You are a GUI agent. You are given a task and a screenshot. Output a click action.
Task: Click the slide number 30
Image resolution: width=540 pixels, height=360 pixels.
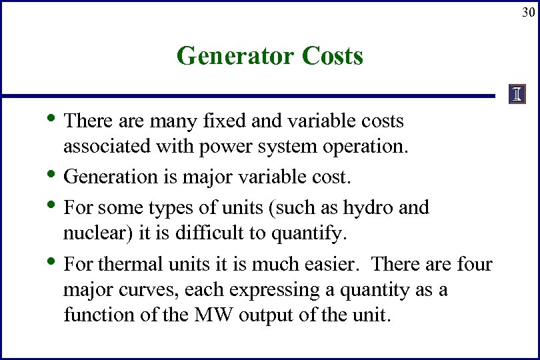coord(527,13)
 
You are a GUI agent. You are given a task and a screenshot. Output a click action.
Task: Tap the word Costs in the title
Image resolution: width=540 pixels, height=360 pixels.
coord(332,56)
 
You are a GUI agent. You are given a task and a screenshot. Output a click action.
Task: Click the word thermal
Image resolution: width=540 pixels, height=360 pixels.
coord(131,265)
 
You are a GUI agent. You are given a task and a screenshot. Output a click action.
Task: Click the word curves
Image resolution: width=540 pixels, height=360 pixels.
coord(153,290)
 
